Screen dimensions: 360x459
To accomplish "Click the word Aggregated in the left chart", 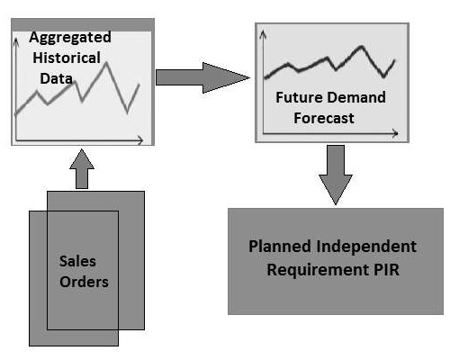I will pyautogui.click(x=69, y=37).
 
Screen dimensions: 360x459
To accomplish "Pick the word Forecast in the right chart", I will pyautogui.click(x=328, y=118).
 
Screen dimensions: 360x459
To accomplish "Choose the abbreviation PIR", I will pyautogui.click(x=400, y=267).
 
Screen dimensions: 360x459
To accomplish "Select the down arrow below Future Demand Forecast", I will pyautogui.click(x=334, y=176).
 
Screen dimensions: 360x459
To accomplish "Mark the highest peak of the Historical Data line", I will pyautogui.click(x=107, y=62).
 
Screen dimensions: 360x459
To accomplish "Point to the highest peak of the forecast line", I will pyautogui.click(x=366, y=45).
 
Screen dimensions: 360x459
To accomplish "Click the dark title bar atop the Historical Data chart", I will pyautogui.click(x=81, y=22).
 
